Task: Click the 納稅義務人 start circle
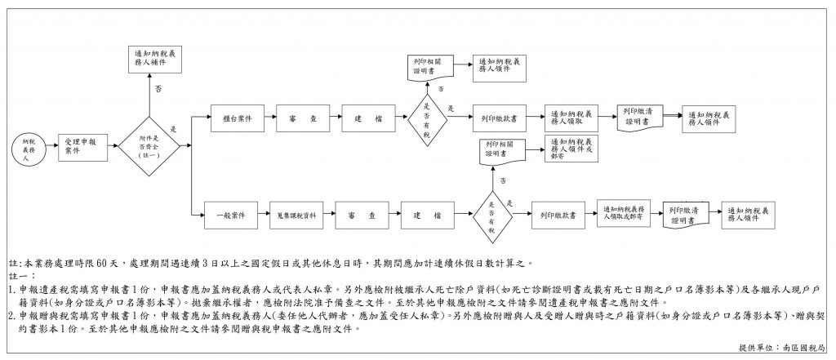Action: click(x=29, y=152)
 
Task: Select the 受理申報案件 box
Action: click(x=80, y=145)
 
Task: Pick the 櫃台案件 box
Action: click(x=236, y=118)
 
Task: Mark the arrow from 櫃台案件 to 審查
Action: click(x=269, y=118)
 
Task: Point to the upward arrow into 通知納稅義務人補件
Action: click(x=148, y=94)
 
